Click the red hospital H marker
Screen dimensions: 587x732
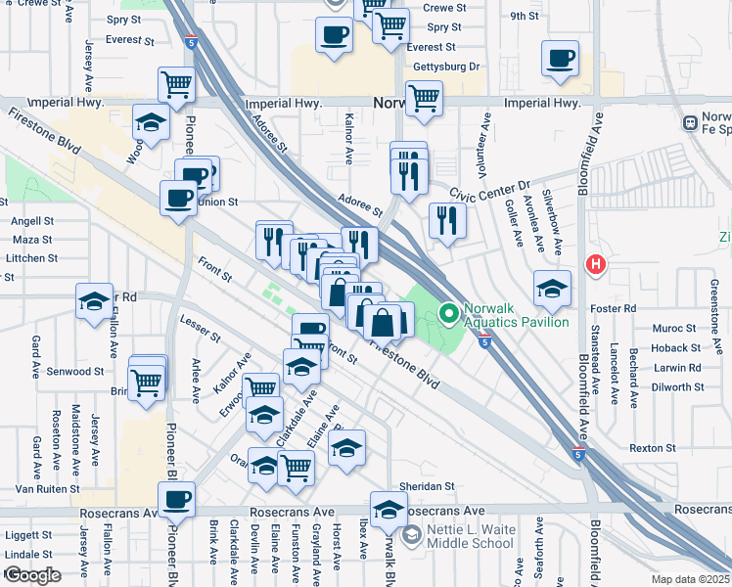(594, 264)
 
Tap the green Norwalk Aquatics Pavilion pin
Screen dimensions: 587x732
(449, 314)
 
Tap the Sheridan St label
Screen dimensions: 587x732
(428, 486)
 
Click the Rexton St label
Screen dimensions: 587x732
(647, 448)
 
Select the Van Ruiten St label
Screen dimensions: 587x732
(46, 489)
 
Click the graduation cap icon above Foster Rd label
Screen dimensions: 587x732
(552, 288)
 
